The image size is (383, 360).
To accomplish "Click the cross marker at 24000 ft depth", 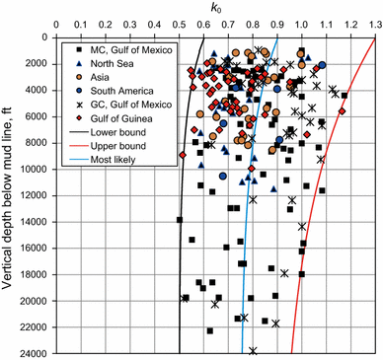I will pyautogui.click(x=254, y=351).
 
